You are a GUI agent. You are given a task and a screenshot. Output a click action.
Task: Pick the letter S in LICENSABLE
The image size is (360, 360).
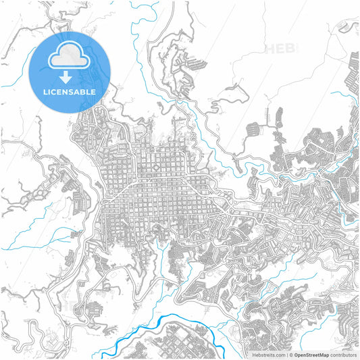(x=72, y=92)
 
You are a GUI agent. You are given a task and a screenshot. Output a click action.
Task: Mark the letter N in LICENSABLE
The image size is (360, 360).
(x=65, y=92)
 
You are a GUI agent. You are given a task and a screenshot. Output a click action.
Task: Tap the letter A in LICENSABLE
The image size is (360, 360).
(x=78, y=92)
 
